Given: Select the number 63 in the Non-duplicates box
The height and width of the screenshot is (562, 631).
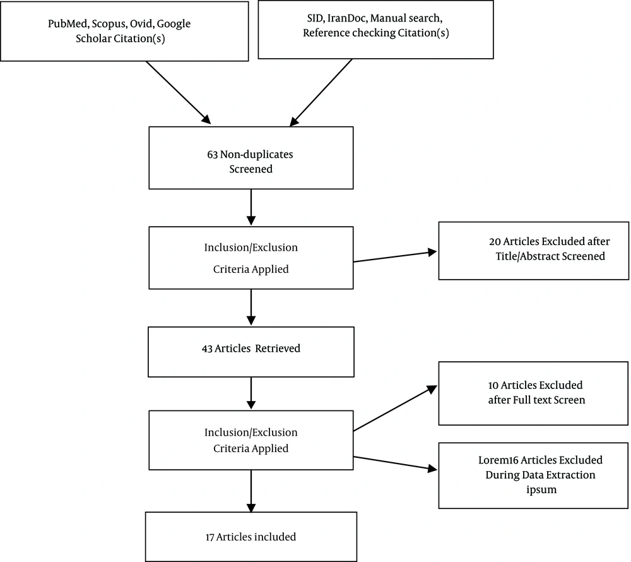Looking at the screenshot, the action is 213,155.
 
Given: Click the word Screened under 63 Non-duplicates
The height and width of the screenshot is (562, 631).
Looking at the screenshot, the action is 251,169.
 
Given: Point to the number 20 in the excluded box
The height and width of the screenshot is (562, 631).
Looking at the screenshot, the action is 495,242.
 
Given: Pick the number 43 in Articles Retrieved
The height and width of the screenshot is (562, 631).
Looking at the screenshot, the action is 207,349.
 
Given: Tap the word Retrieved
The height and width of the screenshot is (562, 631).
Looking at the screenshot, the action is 278,348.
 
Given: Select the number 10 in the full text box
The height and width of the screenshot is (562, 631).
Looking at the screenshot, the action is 493,385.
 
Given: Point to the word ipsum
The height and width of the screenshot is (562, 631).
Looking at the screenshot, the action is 541,490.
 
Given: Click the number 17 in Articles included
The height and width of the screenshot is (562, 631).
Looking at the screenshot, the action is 210,537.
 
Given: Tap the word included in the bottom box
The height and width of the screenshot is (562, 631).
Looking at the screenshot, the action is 276,537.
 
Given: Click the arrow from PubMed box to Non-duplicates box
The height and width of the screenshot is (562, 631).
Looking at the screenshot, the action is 179,93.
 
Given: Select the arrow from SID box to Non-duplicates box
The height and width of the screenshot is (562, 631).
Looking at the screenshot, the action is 321,93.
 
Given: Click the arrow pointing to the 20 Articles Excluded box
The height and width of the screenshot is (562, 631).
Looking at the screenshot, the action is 395,257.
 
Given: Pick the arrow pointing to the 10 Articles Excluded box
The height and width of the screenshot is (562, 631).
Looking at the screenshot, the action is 395,408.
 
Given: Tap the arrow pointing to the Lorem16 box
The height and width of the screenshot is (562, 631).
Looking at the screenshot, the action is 395,463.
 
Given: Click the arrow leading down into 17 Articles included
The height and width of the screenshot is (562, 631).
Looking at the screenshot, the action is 251,491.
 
